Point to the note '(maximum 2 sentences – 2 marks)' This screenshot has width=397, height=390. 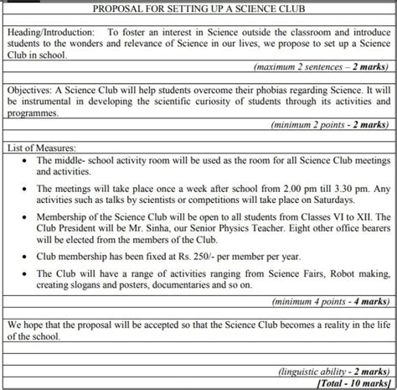pyautogui.click(x=322, y=65)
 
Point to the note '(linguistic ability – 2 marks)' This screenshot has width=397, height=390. pyautogui.click(x=334, y=370)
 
